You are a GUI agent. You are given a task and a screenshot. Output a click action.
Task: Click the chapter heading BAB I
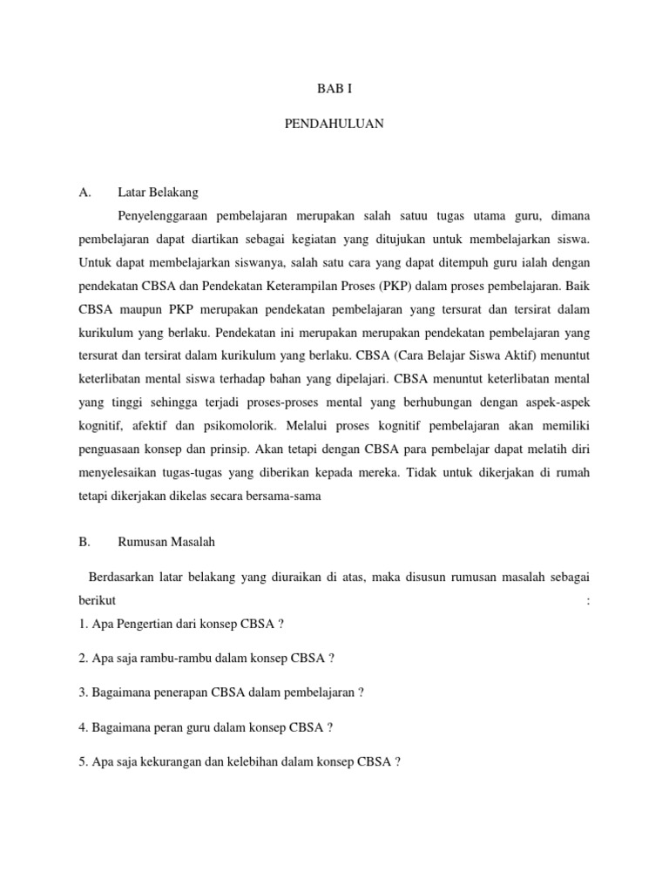(x=334, y=89)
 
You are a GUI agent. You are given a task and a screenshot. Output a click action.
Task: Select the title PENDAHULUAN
(x=334, y=125)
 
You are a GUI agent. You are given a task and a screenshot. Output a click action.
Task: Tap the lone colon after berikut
(x=589, y=602)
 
